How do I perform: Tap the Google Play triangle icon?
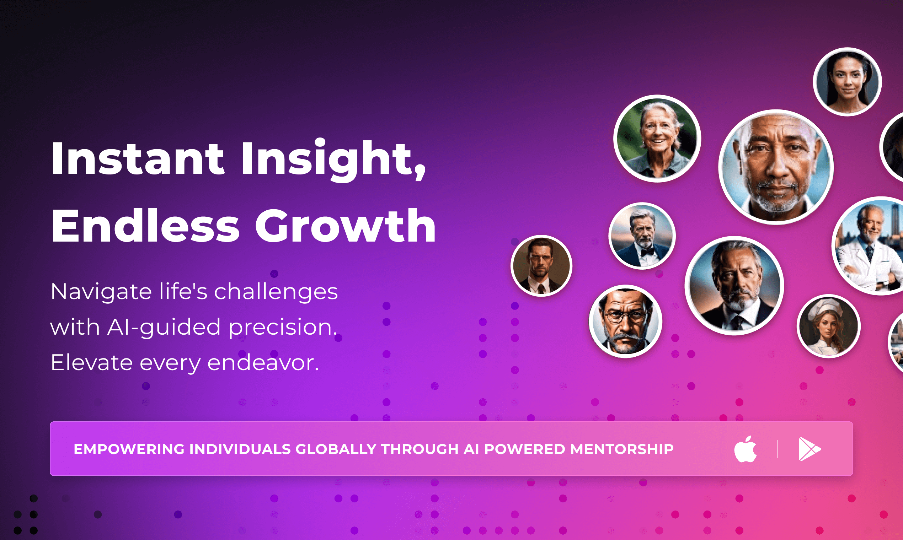coord(810,449)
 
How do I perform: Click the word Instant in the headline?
coord(137,159)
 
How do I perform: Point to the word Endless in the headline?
coord(145,226)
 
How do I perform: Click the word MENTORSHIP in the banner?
coord(622,449)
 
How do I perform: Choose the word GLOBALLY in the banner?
coord(336,449)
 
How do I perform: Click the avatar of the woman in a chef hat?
coord(829,326)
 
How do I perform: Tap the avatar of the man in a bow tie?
coord(642,236)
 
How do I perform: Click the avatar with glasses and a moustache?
coord(626,321)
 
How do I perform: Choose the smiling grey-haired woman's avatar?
coord(657,138)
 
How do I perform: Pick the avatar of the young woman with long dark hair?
coord(847,81)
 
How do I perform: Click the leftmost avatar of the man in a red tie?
coord(541,266)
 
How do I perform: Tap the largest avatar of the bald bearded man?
coord(776,167)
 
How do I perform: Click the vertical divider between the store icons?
coord(777,449)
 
